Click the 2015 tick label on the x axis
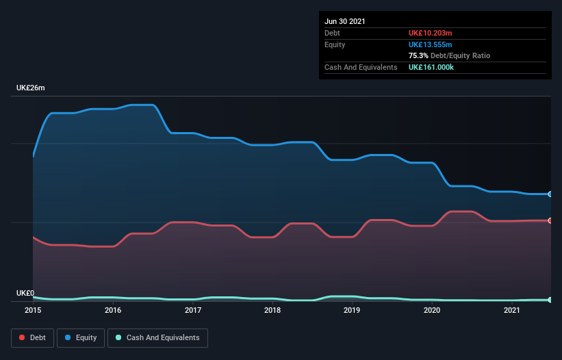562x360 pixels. (x=33, y=310)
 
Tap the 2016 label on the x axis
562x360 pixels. (x=113, y=310)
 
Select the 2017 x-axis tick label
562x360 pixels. (x=193, y=310)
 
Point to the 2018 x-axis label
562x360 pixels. (x=272, y=310)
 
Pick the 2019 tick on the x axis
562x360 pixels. (x=352, y=310)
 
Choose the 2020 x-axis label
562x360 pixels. (x=432, y=310)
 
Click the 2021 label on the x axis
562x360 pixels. (x=511, y=310)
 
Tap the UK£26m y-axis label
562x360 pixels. (x=31, y=88)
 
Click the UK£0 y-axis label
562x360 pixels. (x=25, y=293)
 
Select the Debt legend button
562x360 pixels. (x=34, y=337)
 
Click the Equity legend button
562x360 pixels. (x=81, y=337)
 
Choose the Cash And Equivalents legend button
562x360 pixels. (x=157, y=337)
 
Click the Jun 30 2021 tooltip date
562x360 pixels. (x=345, y=21)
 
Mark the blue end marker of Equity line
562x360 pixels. (x=550, y=194)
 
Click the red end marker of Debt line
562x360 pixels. (x=550, y=220)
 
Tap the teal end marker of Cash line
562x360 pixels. (x=550, y=300)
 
